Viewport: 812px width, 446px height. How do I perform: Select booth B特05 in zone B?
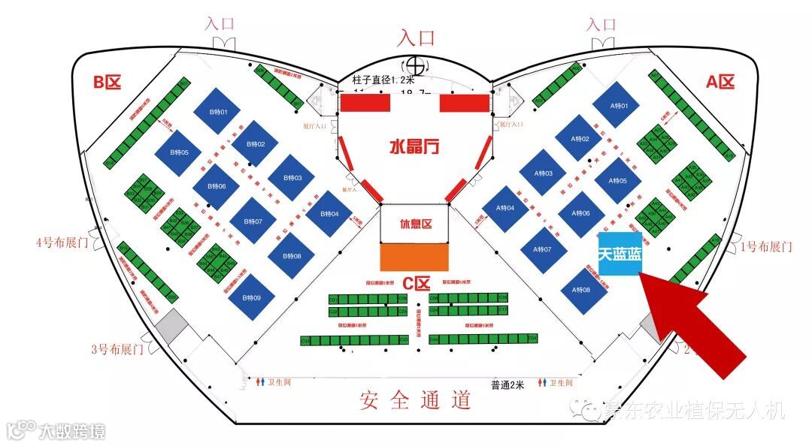point(179,153)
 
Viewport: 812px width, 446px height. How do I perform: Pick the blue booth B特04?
point(330,215)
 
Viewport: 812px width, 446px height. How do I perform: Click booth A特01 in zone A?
point(617,106)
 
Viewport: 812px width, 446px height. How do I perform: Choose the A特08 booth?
point(581,290)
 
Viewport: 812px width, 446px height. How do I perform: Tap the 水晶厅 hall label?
point(414,146)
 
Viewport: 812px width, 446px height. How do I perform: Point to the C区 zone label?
point(416,284)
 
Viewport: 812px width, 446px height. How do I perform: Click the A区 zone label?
point(719,82)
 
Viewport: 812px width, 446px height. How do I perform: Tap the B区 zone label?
point(106,82)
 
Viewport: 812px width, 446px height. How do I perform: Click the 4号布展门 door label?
point(62,243)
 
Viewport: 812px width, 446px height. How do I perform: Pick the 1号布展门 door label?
point(766,246)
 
